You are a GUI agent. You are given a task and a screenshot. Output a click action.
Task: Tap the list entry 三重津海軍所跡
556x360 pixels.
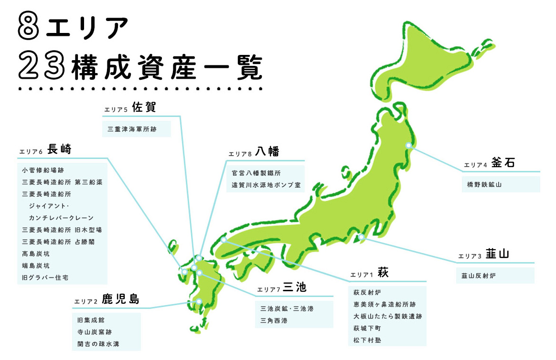click(x=132, y=129)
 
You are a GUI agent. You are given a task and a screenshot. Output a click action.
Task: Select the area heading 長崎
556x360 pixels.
click(x=60, y=149)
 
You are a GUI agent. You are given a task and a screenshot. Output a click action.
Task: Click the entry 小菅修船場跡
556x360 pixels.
click(x=43, y=169)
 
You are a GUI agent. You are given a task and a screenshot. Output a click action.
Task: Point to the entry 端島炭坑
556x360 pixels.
click(x=36, y=265)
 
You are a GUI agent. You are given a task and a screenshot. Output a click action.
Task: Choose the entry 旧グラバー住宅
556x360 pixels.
click(x=43, y=277)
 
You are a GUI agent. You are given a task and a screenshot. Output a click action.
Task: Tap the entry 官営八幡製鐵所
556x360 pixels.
click(x=256, y=173)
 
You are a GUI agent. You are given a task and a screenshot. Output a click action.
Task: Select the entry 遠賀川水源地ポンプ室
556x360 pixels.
click(x=266, y=185)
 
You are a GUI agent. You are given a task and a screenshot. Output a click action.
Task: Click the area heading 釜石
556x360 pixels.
click(x=503, y=163)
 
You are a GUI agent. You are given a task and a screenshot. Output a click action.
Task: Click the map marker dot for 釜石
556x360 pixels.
click(x=408, y=145)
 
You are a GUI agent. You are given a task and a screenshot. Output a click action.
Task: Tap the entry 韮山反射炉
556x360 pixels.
click(x=478, y=275)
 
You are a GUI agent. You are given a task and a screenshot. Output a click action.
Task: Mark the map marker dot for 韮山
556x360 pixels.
click(x=361, y=237)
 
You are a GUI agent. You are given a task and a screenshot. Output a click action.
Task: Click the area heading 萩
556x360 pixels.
click(x=383, y=273)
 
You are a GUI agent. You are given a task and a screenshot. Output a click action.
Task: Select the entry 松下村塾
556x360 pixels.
click(x=367, y=340)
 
